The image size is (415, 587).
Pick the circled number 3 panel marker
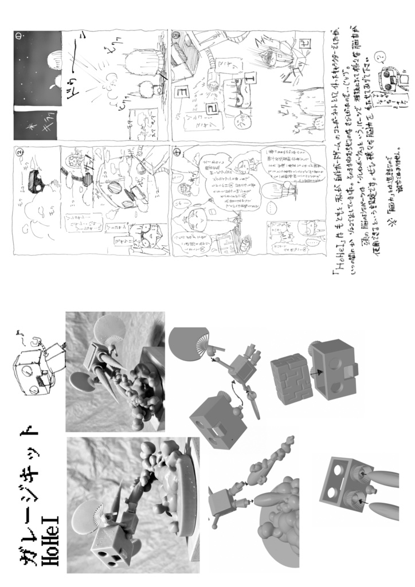click(177, 36)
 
